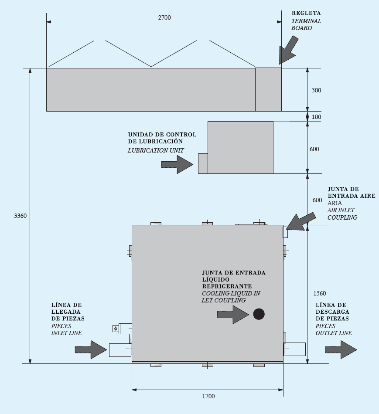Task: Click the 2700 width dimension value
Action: pos(164,17)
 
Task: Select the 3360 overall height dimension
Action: pos(20,216)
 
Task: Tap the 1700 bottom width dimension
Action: pos(208,396)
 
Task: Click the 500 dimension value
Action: pos(316,90)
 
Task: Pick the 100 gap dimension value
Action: pos(316,117)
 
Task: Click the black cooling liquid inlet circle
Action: pos(259,314)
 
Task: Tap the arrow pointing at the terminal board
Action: pos(288,49)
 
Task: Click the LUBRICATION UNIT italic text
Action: pos(156,150)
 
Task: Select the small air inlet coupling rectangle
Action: pos(286,231)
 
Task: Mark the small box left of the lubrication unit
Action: pos(203,163)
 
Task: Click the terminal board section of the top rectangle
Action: pos(268,89)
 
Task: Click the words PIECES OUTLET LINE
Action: pos(334,329)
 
